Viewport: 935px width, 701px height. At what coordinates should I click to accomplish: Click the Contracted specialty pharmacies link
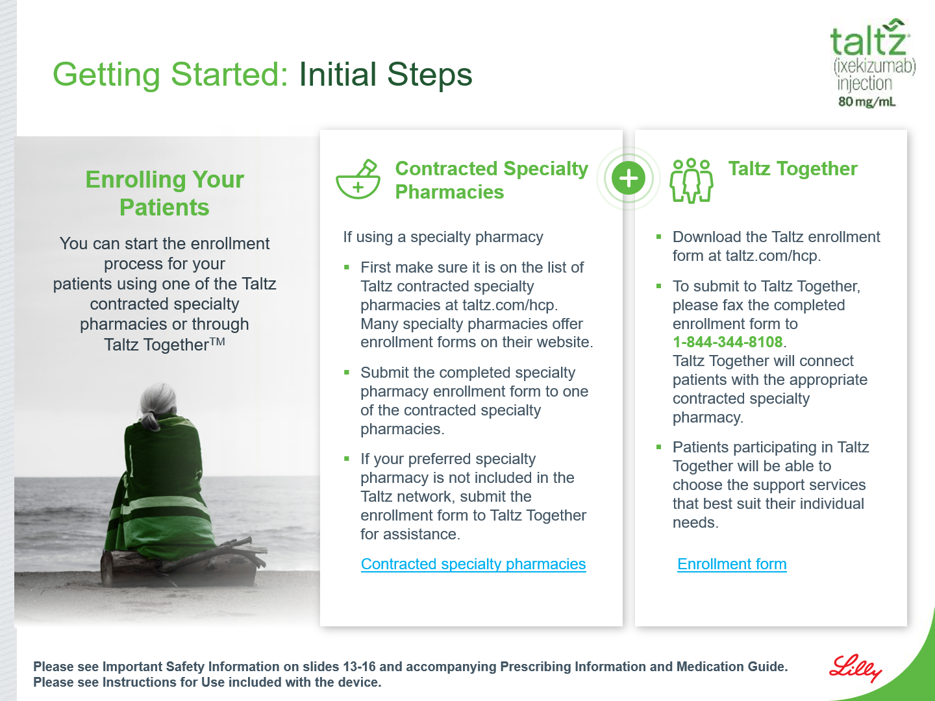click(x=473, y=564)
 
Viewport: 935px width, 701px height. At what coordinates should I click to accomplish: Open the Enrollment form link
click(x=732, y=564)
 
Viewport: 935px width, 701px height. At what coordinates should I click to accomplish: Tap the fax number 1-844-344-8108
click(x=728, y=342)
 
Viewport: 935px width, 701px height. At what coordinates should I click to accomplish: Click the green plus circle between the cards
click(x=629, y=178)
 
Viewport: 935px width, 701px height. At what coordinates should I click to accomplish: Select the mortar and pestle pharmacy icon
click(x=358, y=178)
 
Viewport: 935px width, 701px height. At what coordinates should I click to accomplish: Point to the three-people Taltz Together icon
click(x=691, y=180)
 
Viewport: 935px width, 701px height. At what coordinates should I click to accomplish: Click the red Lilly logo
click(x=855, y=669)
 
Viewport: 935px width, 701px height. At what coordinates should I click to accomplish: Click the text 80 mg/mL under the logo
click(x=867, y=102)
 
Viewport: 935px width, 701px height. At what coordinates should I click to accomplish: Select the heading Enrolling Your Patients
click(x=164, y=193)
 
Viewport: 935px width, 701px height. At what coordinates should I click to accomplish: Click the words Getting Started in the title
click(x=170, y=75)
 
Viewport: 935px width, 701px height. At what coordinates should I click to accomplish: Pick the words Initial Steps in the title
click(x=386, y=74)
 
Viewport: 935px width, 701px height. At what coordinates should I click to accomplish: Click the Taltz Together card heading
click(x=793, y=169)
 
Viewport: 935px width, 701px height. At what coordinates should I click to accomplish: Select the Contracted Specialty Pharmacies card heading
click(x=492, y=180)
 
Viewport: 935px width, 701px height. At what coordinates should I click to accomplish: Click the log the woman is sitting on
click(x=179, y=564)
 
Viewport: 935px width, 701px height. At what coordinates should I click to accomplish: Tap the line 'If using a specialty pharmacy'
click(x=443, y=237)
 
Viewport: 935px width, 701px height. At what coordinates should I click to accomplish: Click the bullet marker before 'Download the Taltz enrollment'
click(x=658, y=237)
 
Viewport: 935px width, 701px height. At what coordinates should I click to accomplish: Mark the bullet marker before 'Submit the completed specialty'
click(x=346, y=373)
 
